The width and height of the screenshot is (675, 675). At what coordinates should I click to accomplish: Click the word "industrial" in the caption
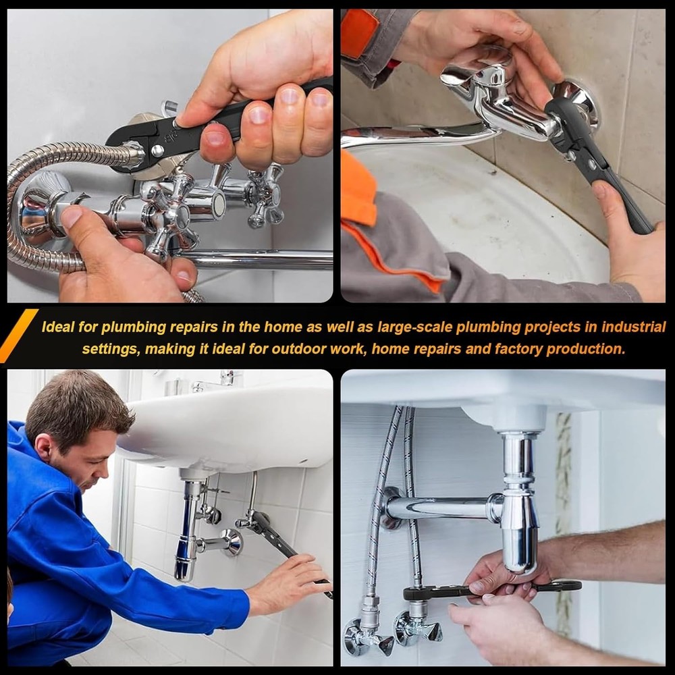pyautogui.click(x=633, y=327)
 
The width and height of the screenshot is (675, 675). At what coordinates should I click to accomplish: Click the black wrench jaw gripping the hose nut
pyautogui.click(x=132, y=145)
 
